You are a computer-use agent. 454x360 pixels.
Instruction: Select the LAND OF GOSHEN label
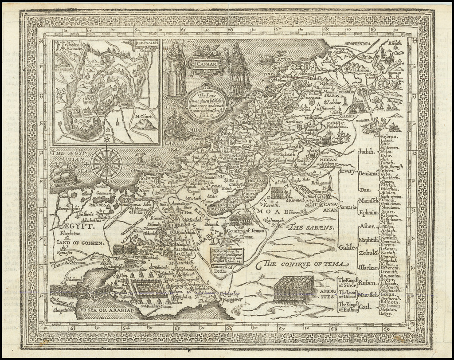click(x=79, y=243)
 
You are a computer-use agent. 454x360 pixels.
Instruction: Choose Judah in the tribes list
click(x=367, y=151)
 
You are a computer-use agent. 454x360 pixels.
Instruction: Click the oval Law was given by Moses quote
click(x=206, y=102)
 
